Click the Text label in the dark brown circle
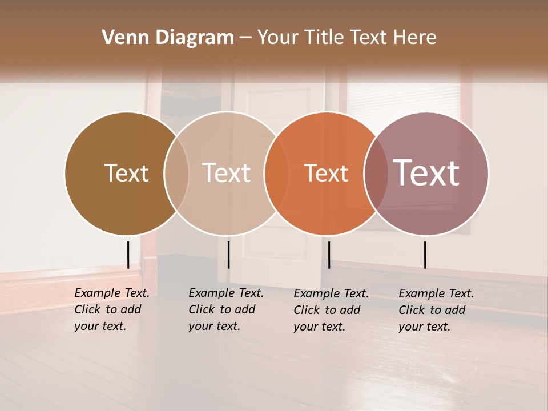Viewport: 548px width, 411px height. (126, 173)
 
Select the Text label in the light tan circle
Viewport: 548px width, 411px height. (227, 173)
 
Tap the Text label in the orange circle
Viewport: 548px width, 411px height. (326, 173)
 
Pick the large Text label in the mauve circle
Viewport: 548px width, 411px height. (426, 173)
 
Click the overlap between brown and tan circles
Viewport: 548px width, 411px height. (176, 173)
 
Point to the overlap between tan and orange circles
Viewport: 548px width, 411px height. (276, 173)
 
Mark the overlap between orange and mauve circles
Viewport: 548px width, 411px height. (376, 173)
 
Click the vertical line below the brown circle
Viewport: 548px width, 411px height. (128, 255)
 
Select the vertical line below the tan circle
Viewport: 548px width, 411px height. (228, 255)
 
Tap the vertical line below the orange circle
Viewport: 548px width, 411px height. (329, 255)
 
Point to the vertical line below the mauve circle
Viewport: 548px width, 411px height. (425, 255)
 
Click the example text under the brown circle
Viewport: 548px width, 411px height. (111, 309)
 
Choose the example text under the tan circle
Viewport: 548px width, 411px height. (225, 309)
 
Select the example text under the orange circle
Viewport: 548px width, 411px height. (331, 310)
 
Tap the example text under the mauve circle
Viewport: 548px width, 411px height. (436, 310)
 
